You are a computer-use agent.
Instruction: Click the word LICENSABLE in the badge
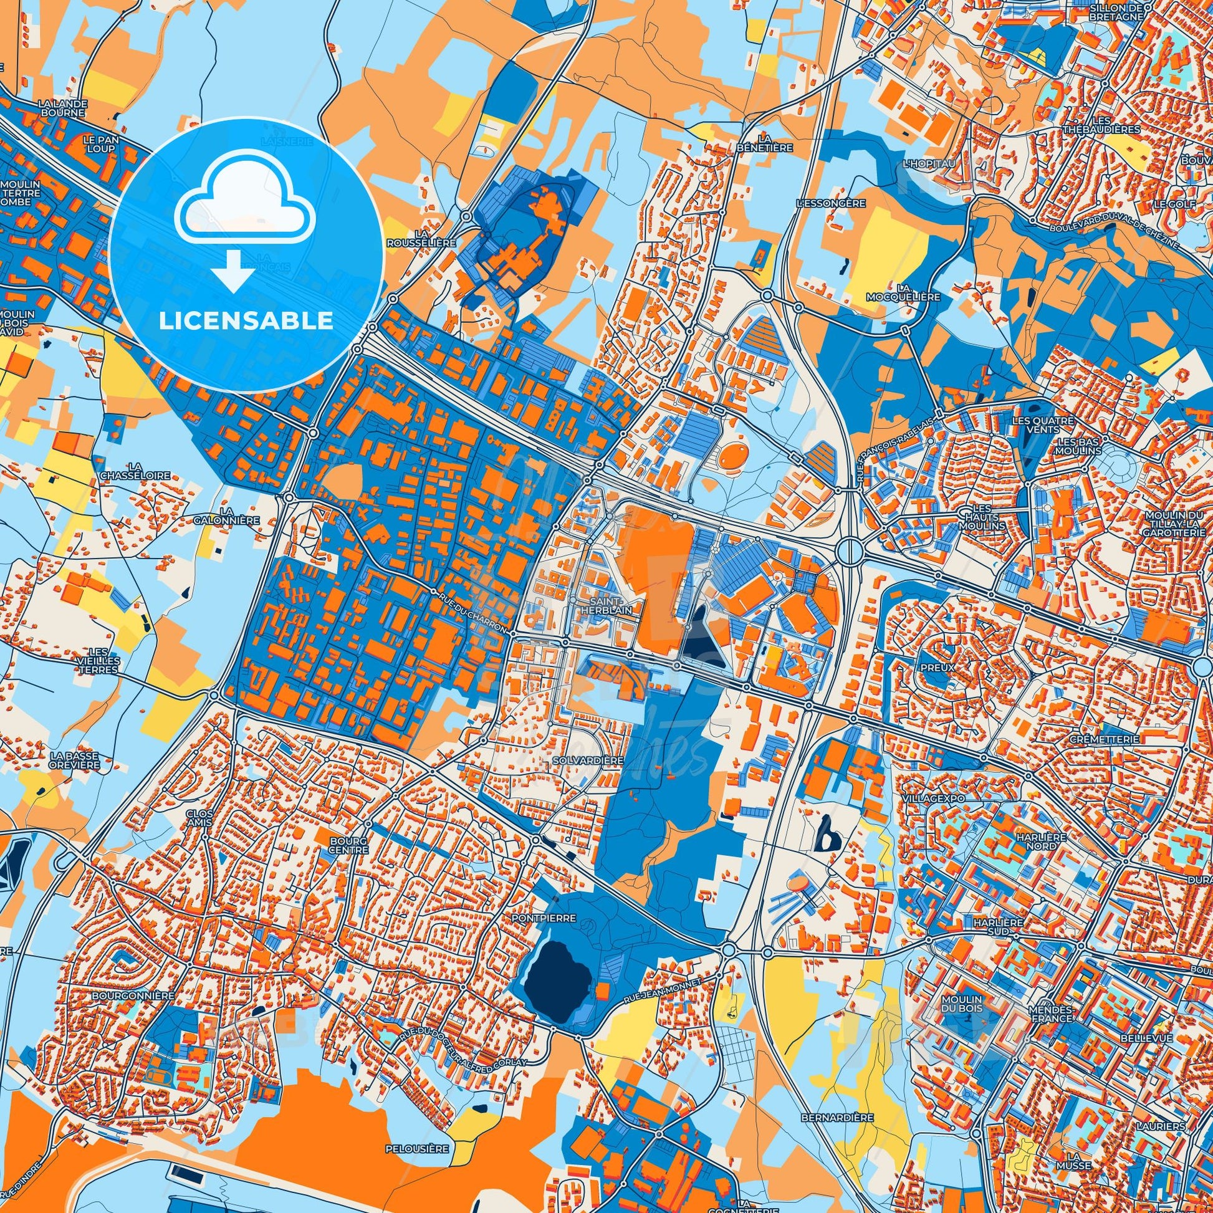(246, 321)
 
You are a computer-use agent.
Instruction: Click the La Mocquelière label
(905, 292)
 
